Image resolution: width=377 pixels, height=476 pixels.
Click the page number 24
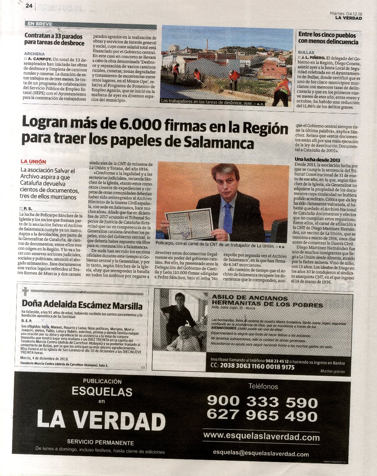point(29,6)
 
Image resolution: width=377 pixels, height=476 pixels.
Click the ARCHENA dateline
point(34,54)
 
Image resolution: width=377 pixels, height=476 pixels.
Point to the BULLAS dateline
point(306,52)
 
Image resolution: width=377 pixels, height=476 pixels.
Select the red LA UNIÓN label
point(33,162)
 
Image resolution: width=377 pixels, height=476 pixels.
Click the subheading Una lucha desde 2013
point(317,160)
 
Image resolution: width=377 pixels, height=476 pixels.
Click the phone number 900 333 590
point(262,402)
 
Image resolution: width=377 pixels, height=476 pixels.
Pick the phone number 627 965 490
point(262,415)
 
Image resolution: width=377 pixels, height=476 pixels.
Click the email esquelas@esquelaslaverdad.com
point(261,453)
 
